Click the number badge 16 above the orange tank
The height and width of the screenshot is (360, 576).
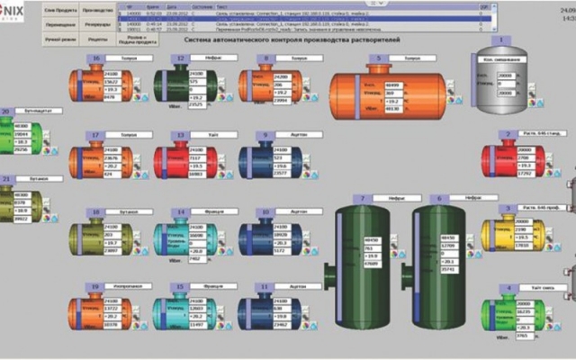96,58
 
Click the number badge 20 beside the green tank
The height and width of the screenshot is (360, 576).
6,112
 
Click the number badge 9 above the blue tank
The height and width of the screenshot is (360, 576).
265,134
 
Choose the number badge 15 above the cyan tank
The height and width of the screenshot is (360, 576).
180,287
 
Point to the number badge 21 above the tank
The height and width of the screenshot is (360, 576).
8,178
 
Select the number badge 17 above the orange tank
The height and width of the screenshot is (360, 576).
96,134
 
